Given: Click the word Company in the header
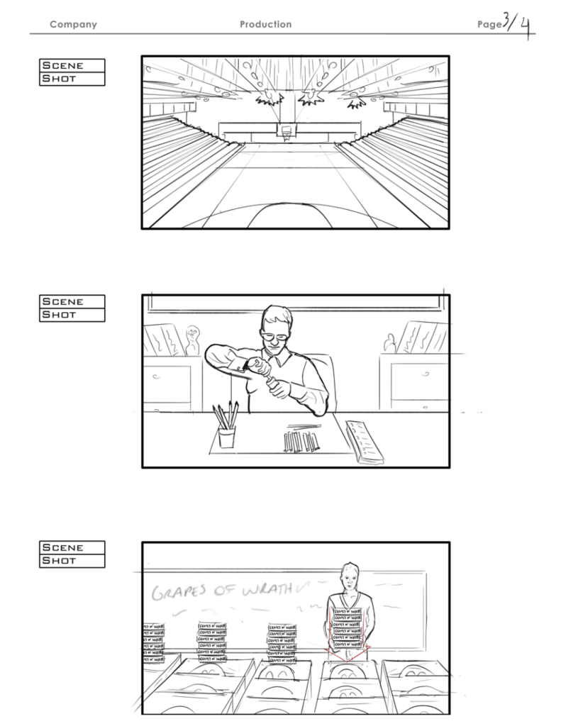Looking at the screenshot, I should click(x=73, y=25).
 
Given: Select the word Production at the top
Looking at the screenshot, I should click(x=265, y=25).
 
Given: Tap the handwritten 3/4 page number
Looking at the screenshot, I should click(x=516, y=26).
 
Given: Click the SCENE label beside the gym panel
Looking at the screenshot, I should click(x=72, y=65).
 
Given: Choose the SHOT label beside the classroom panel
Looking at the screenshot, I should click(x=72, y=561).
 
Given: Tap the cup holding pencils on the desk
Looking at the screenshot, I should click(x=226, y=437).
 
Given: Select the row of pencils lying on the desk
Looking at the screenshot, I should click(x=301, y=442).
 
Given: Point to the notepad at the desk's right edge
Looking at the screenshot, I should click(x=365, y=442).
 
